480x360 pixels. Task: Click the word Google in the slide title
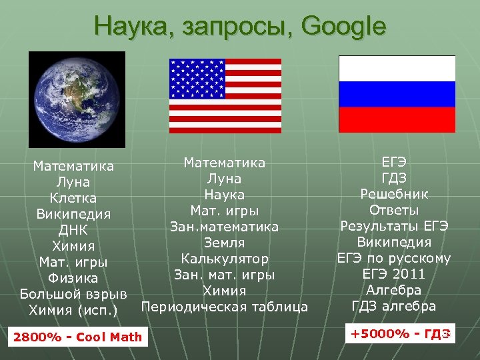343,27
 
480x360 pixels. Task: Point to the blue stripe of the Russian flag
397,94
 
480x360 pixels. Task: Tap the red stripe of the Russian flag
397,119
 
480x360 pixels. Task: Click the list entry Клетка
73,198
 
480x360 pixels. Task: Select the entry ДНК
73,230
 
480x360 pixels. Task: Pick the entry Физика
73,278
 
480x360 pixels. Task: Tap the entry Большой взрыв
73,294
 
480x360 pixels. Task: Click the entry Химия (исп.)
73,310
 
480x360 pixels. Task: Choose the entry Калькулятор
225,259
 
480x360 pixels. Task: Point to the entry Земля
225,243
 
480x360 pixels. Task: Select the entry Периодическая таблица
225,307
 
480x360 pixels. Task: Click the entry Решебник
395,194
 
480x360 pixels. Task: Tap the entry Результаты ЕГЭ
395,226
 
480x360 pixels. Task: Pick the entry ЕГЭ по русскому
395,258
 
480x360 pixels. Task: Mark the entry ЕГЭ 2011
395,274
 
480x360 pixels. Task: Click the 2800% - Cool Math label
77,337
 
